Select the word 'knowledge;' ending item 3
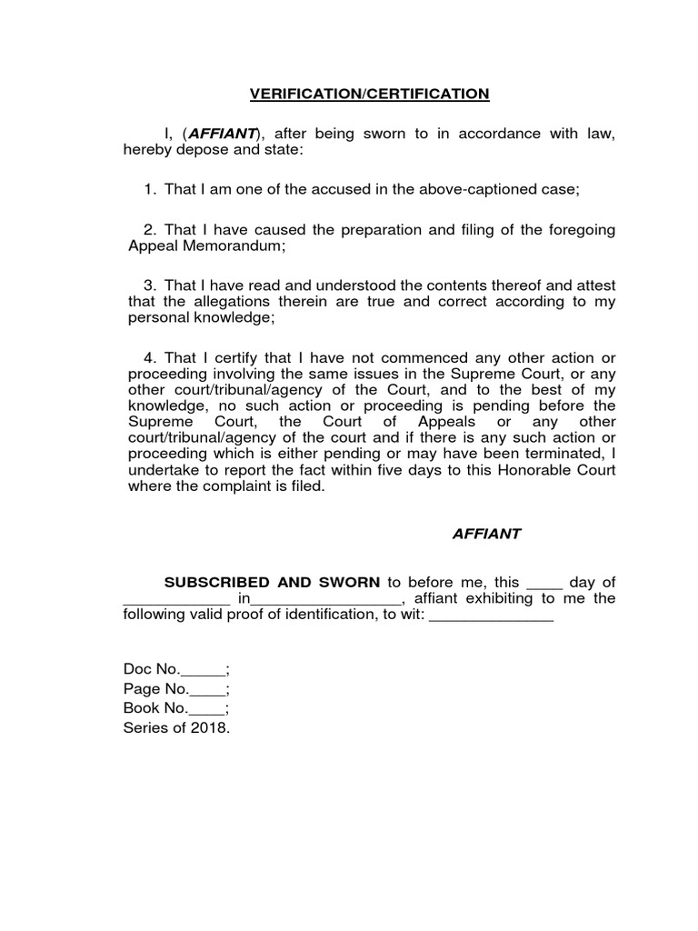229,318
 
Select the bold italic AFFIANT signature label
486,534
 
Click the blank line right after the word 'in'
324,600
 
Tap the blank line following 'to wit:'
490,616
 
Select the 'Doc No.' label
152,671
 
